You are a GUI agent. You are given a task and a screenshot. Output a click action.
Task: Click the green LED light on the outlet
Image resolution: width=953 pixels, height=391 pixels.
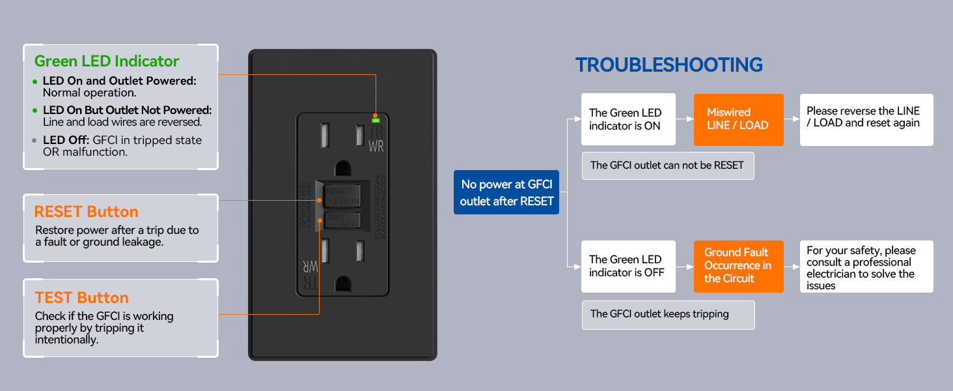(376, 119)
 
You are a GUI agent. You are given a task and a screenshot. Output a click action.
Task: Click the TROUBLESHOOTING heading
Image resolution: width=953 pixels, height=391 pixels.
(669, 65)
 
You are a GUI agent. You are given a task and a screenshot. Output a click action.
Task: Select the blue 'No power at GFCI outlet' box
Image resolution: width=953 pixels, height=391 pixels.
(506, 193)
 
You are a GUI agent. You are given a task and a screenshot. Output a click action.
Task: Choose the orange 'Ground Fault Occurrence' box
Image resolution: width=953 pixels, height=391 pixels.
(738, 266)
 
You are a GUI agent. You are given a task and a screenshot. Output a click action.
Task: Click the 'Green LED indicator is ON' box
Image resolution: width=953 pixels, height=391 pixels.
(627, 119)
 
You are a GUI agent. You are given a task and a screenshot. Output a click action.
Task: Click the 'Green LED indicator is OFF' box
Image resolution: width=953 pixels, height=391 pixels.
(627, 266)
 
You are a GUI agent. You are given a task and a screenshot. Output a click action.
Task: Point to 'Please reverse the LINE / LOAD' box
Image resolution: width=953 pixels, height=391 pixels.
(866, 119)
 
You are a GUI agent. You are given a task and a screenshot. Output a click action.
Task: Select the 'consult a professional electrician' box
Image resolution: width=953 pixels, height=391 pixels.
(866, 267)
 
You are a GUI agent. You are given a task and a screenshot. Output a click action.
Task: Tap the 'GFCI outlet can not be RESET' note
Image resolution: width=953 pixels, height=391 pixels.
(667, 166)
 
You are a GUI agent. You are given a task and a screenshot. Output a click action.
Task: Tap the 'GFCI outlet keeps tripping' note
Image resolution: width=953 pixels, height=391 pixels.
(667, 314)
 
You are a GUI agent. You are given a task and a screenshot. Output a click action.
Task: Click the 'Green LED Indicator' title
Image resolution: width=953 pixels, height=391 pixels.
(107, 61)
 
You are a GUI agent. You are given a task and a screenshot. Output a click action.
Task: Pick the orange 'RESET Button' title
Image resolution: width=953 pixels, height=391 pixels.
(87, 212)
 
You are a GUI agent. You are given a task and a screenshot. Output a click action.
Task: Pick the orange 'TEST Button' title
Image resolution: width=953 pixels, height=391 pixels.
(82, 298)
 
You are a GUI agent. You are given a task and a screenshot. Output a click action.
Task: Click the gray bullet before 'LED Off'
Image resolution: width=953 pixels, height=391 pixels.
(35, 141)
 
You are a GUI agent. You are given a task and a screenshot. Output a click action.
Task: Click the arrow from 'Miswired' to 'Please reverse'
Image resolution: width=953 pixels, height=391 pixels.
(792, 119)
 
